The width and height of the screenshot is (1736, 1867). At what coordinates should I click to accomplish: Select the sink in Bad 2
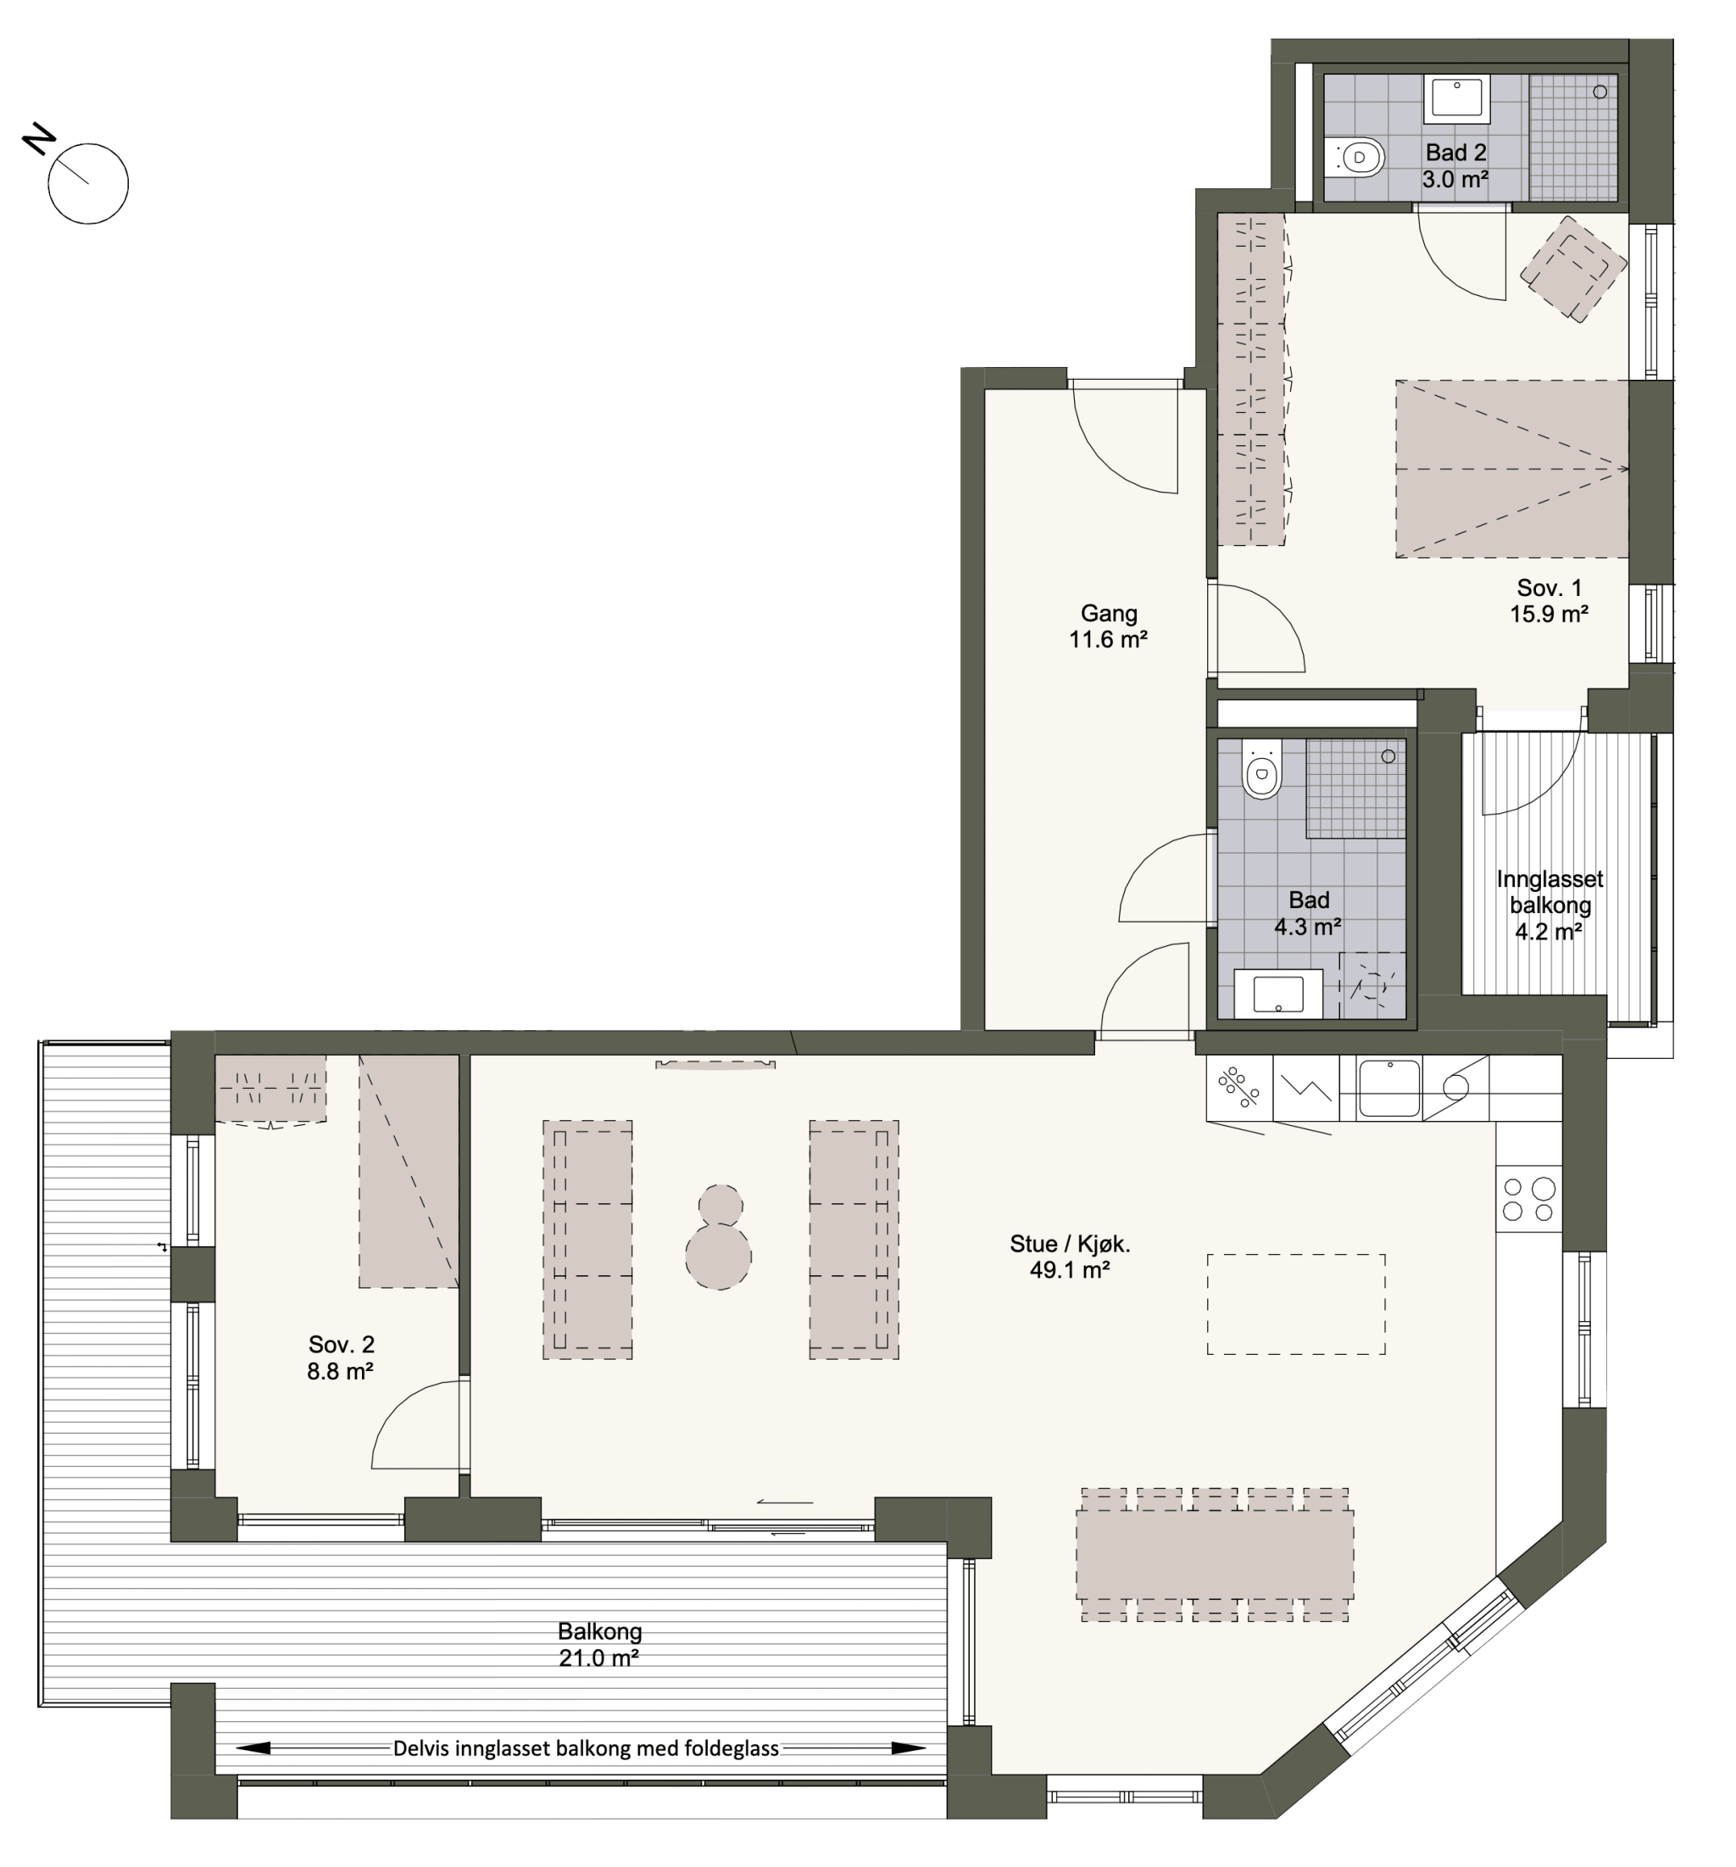1456,98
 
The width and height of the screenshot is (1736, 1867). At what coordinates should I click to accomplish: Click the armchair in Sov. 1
1572,269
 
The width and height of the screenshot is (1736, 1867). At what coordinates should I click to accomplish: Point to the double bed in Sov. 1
1511,469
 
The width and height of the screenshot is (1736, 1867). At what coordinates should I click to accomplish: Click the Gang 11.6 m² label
1108,627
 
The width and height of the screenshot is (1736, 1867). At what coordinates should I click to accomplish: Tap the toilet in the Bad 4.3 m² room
1261,769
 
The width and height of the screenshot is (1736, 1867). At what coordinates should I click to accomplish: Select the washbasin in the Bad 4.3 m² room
1277,994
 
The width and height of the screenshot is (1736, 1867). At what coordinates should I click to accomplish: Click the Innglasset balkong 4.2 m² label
1550,906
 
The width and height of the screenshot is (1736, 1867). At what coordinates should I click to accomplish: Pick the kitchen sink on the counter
1388,1089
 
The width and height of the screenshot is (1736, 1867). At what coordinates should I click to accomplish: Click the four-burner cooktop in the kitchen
1527,1198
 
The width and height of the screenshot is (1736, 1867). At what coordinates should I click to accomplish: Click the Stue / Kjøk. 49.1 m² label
1070,1257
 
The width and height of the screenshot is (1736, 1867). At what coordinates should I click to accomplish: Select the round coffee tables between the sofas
718,1236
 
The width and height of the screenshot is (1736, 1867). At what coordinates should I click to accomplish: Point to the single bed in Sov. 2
409,1171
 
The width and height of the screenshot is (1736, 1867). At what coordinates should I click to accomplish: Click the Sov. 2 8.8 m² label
341,1358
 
